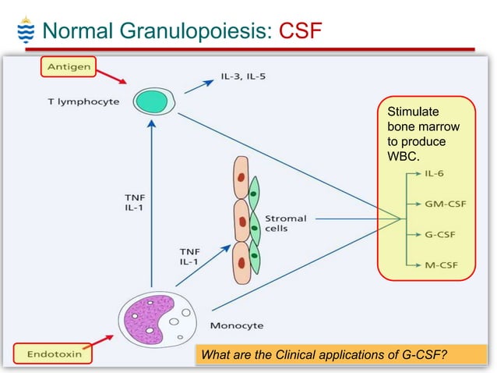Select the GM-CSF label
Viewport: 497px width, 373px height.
coord(440,204)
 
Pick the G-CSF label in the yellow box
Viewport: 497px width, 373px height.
coord(437,234)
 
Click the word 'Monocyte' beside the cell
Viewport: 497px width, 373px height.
coord(237,324)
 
